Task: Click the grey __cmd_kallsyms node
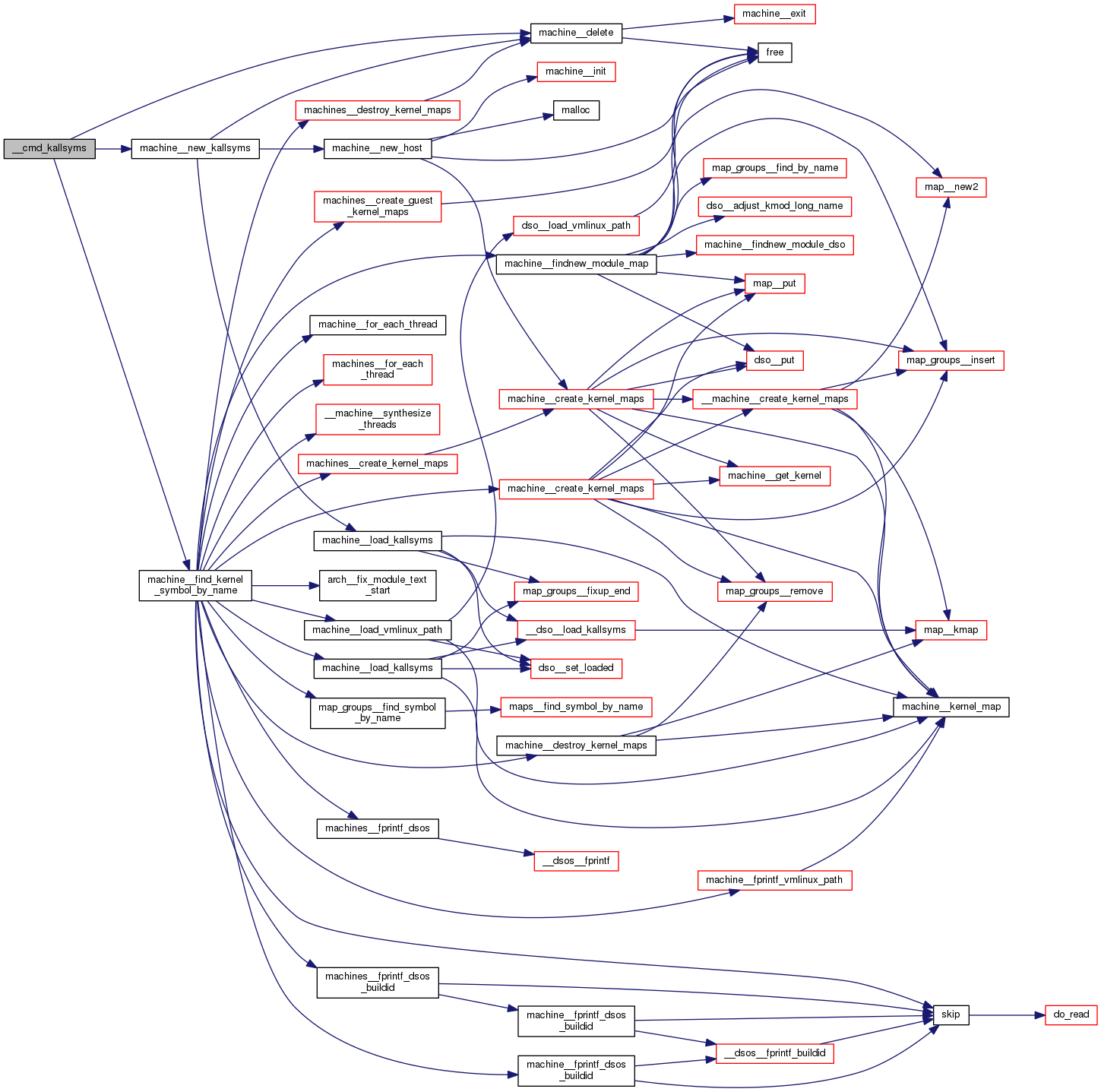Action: coord(49,148)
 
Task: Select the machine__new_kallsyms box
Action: coord(195,148)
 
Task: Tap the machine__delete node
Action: coord(576,33)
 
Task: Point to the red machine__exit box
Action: coord(774,14)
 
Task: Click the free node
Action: coord(775,52)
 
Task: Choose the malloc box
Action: coord(576,110)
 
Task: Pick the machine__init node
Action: coord(576,71)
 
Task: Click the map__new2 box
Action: coord(951,187)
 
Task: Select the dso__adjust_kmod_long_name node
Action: coord(774,206)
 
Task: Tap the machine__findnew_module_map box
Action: coord(576,264)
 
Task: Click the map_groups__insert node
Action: coord(951,360)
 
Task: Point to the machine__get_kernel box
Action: coord(774,476)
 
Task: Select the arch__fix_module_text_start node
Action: coord(378,585)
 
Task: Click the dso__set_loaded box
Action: coord(576,668)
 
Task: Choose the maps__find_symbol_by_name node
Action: coord(576,707)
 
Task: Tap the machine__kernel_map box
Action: coord(951,707)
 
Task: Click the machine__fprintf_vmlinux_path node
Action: coord(774,880)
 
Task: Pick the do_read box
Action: coord(1071,1014)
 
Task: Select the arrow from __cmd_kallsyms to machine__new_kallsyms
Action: coord(113,148)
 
